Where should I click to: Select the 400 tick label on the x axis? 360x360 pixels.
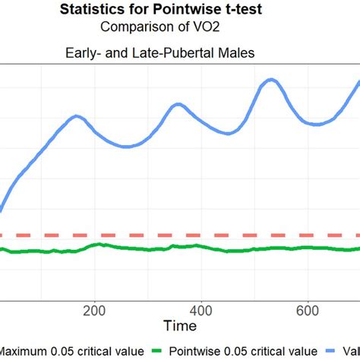point(201,311)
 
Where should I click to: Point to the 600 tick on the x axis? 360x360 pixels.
point(308,311)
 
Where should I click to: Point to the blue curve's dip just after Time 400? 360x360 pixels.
point(226,134)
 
